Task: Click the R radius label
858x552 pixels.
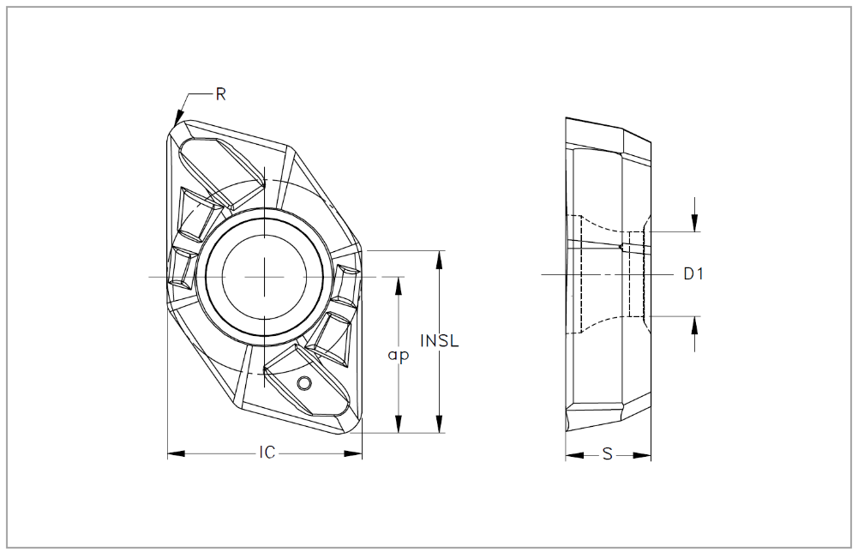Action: click(220, 94)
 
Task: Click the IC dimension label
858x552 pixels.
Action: click(267, 453)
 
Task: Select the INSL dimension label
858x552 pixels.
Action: click(440, 340)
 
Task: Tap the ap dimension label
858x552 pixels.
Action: click(398, 355)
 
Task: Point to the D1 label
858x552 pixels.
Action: click(693, 274)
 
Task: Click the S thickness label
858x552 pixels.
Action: click(607, 454)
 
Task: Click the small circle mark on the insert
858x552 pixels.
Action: click(303, 382)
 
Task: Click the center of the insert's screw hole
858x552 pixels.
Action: click(265, 276)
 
